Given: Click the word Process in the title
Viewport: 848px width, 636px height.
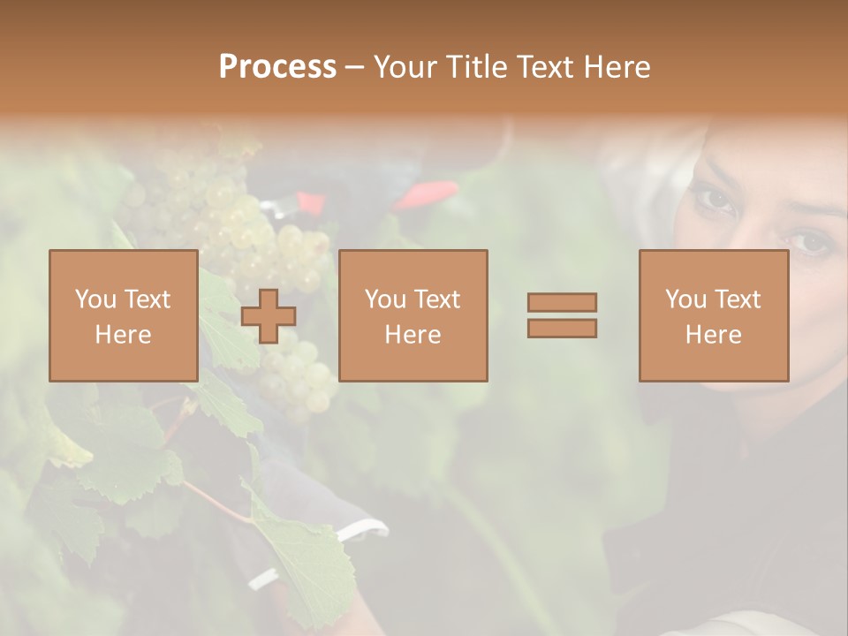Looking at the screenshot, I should point(277,67).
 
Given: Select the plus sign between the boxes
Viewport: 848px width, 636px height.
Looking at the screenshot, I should point(269,316).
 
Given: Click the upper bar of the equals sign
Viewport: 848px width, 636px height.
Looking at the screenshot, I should point(562,302).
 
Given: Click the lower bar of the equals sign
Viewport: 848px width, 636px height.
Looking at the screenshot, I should point(562,329).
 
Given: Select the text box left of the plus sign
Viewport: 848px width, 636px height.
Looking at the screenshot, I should point(124,316).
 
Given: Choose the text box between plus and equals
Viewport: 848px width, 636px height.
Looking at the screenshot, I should point(413,316).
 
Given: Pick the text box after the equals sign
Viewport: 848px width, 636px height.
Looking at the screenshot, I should point(714,316).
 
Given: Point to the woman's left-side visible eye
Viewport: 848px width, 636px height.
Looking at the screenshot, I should point(714,200).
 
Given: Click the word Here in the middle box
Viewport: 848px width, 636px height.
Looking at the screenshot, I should point(413,335).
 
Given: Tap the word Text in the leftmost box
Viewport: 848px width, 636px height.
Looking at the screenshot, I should point(148,299).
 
